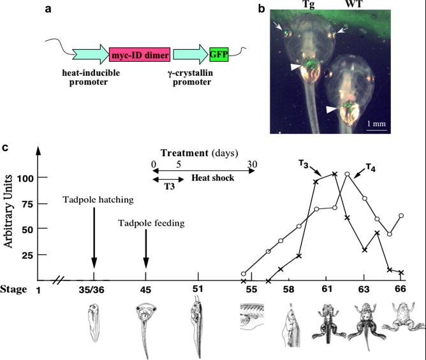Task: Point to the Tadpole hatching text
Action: click(98, 200)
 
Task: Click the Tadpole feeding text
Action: click(151, 223)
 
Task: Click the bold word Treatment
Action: click(182, 153)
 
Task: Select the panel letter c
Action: click(5, 148)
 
